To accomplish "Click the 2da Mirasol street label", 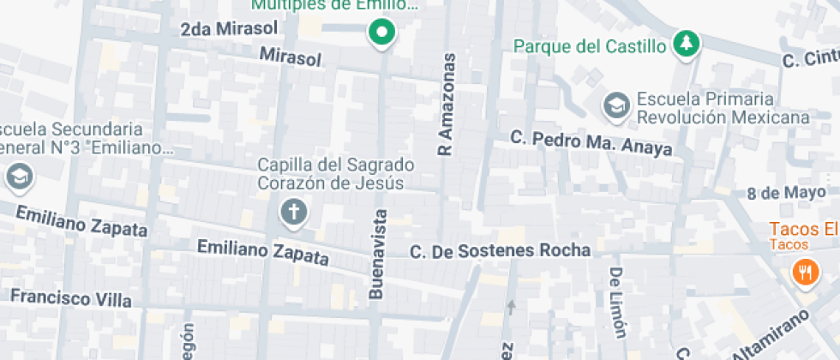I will [x=229, y=29].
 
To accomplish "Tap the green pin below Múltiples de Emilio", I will [x=381, y=33].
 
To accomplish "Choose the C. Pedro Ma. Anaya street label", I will [x=591, y=143].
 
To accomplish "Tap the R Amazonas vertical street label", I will [x=446, y=104].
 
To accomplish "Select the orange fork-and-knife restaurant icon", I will [x=803, y=273].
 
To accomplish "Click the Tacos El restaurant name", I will [x=802, y=229].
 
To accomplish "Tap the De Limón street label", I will [x=617, y=302].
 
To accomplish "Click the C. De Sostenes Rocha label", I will [x=501, y=251].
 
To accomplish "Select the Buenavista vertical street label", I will [x=376, y=255].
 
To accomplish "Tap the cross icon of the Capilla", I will [x=294, y=212].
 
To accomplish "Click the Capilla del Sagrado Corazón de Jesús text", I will [x=336, y=172].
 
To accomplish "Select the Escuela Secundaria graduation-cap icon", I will [x=17, y=177].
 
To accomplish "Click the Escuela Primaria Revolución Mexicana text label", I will [x=722, y=108].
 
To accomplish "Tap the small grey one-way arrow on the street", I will [x=512, y=304].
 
